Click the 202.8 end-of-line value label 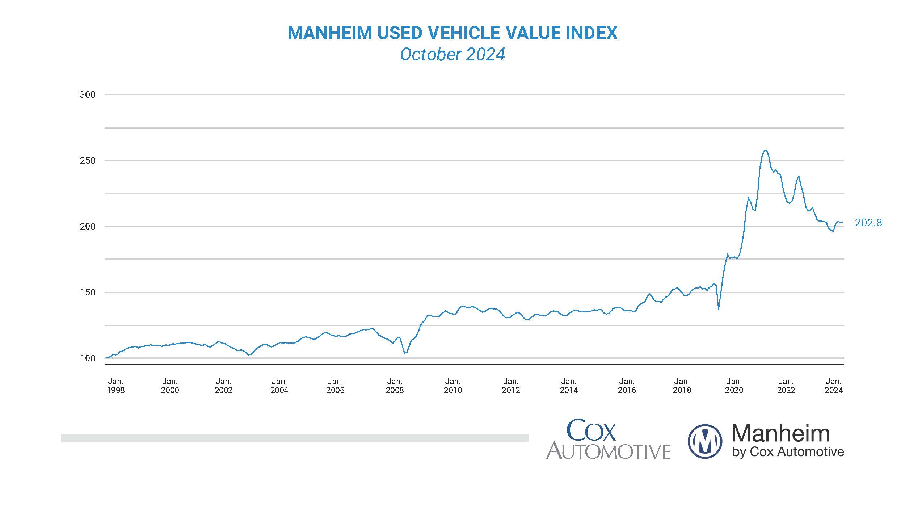pos(868,223)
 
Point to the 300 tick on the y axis pos(88,95)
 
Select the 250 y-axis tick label pos(88,160)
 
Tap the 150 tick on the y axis pos(88,292)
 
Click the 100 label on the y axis pos(88,358)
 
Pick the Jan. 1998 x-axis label pos(115,386)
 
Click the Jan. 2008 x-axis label pos(395,386)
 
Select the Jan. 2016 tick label pos(627,386)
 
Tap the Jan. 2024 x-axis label pos(833,386)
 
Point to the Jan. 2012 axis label pos(510,386)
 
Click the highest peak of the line pos(765,150)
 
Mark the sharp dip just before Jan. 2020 pos(719,308)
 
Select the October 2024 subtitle pos(452,55)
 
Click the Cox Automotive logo pos(608,439)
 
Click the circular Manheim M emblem pos(704,441)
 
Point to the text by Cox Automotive pos(788,452)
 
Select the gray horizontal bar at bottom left pos(294,438)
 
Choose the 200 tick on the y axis pos(88,227)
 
